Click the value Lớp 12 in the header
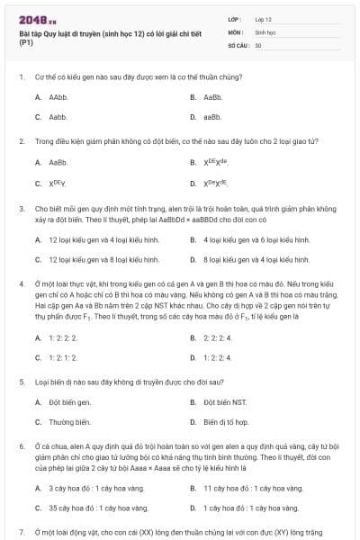[x=264, y=18]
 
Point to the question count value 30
[x=258, y=44]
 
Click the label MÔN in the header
[x=235, y=31]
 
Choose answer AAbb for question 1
[x=58, y=96]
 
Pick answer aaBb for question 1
[x=212, y=117]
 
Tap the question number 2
[x=21, y=141]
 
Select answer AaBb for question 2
[x=58, y=162]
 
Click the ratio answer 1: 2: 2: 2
[x=63, y=337]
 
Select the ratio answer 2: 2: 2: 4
[x=218, y=337]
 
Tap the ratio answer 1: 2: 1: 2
[x=63, y=357]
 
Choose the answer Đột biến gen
[x=69, y=401]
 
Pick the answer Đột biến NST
[x=224, y=401]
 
